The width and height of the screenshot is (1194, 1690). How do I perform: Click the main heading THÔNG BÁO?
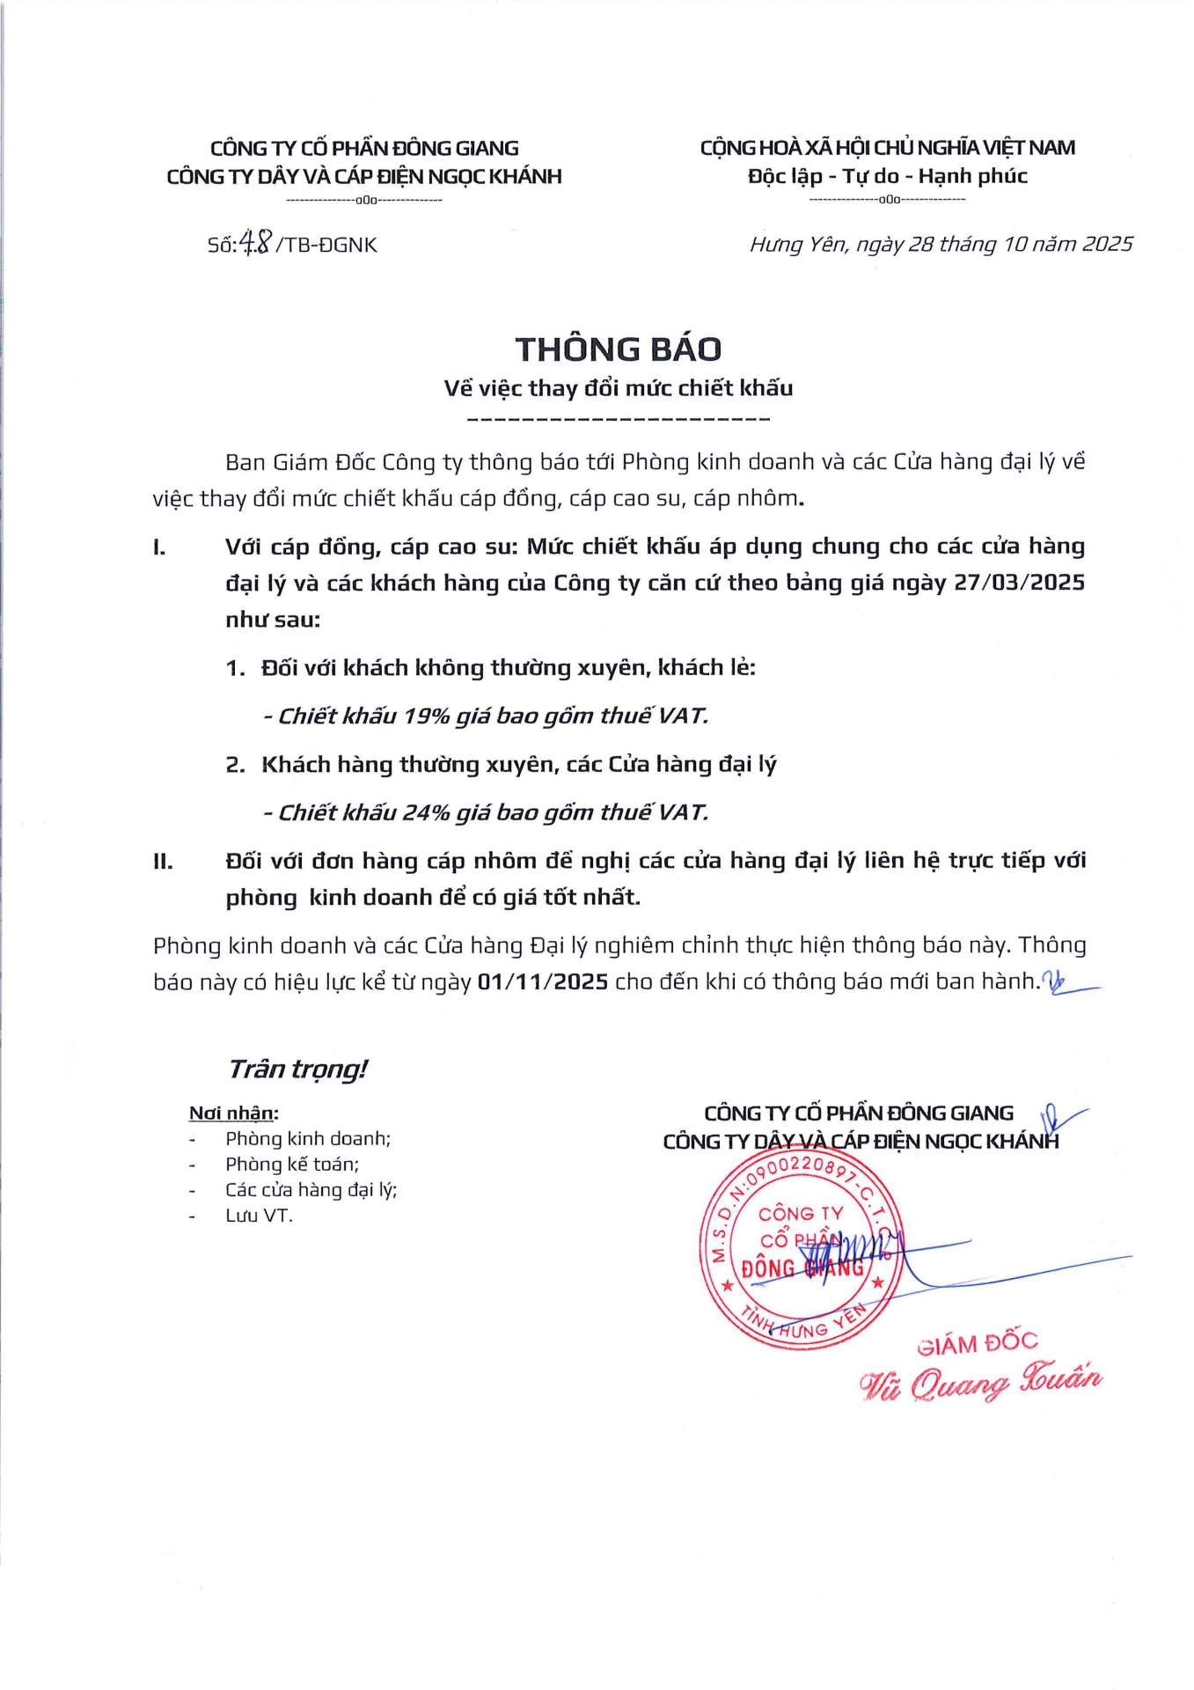click(618, 349)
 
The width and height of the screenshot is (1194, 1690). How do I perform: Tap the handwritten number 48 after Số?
click(256, 242)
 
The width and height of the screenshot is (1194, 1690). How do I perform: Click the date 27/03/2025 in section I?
click(1019, 583)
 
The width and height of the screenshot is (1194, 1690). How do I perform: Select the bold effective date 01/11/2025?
click(543, 981)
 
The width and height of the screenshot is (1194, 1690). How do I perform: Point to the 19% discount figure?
click(427, 716)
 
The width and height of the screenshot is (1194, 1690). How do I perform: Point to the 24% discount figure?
click(427, 812)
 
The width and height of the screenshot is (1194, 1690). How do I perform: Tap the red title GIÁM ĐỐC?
click(977, 1344)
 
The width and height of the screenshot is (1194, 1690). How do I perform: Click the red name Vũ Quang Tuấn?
click(980, 1383)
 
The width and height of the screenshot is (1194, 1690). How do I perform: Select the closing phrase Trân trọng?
click(297, 1069)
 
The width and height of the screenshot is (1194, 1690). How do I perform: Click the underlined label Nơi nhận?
click(232, 1113)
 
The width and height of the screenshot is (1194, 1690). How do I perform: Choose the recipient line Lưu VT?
click(259, 1216)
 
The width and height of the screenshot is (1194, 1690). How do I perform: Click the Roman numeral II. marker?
click(163, 861)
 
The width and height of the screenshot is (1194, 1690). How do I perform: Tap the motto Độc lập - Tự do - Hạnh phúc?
click(887, 176)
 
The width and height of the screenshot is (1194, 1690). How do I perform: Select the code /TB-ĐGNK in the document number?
click(326, 246)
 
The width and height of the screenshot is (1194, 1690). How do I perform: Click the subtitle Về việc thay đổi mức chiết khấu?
click(618, 388)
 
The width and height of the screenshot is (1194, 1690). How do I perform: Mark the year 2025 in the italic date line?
click(1107, 244)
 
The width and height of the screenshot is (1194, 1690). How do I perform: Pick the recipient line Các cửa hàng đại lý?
click(311, 1190)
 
